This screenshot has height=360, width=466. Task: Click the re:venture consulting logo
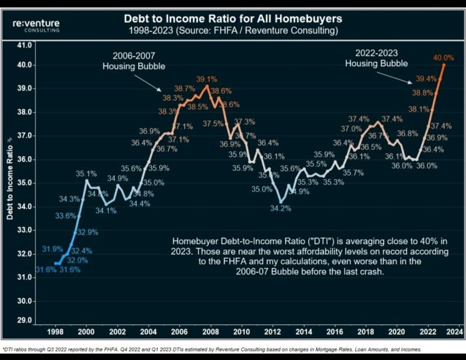36,25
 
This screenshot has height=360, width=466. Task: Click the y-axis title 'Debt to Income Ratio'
10,182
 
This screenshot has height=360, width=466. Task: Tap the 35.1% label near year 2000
86,173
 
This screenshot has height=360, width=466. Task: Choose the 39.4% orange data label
426,79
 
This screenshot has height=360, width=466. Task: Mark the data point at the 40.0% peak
444,65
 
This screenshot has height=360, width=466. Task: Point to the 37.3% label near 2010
245,122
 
